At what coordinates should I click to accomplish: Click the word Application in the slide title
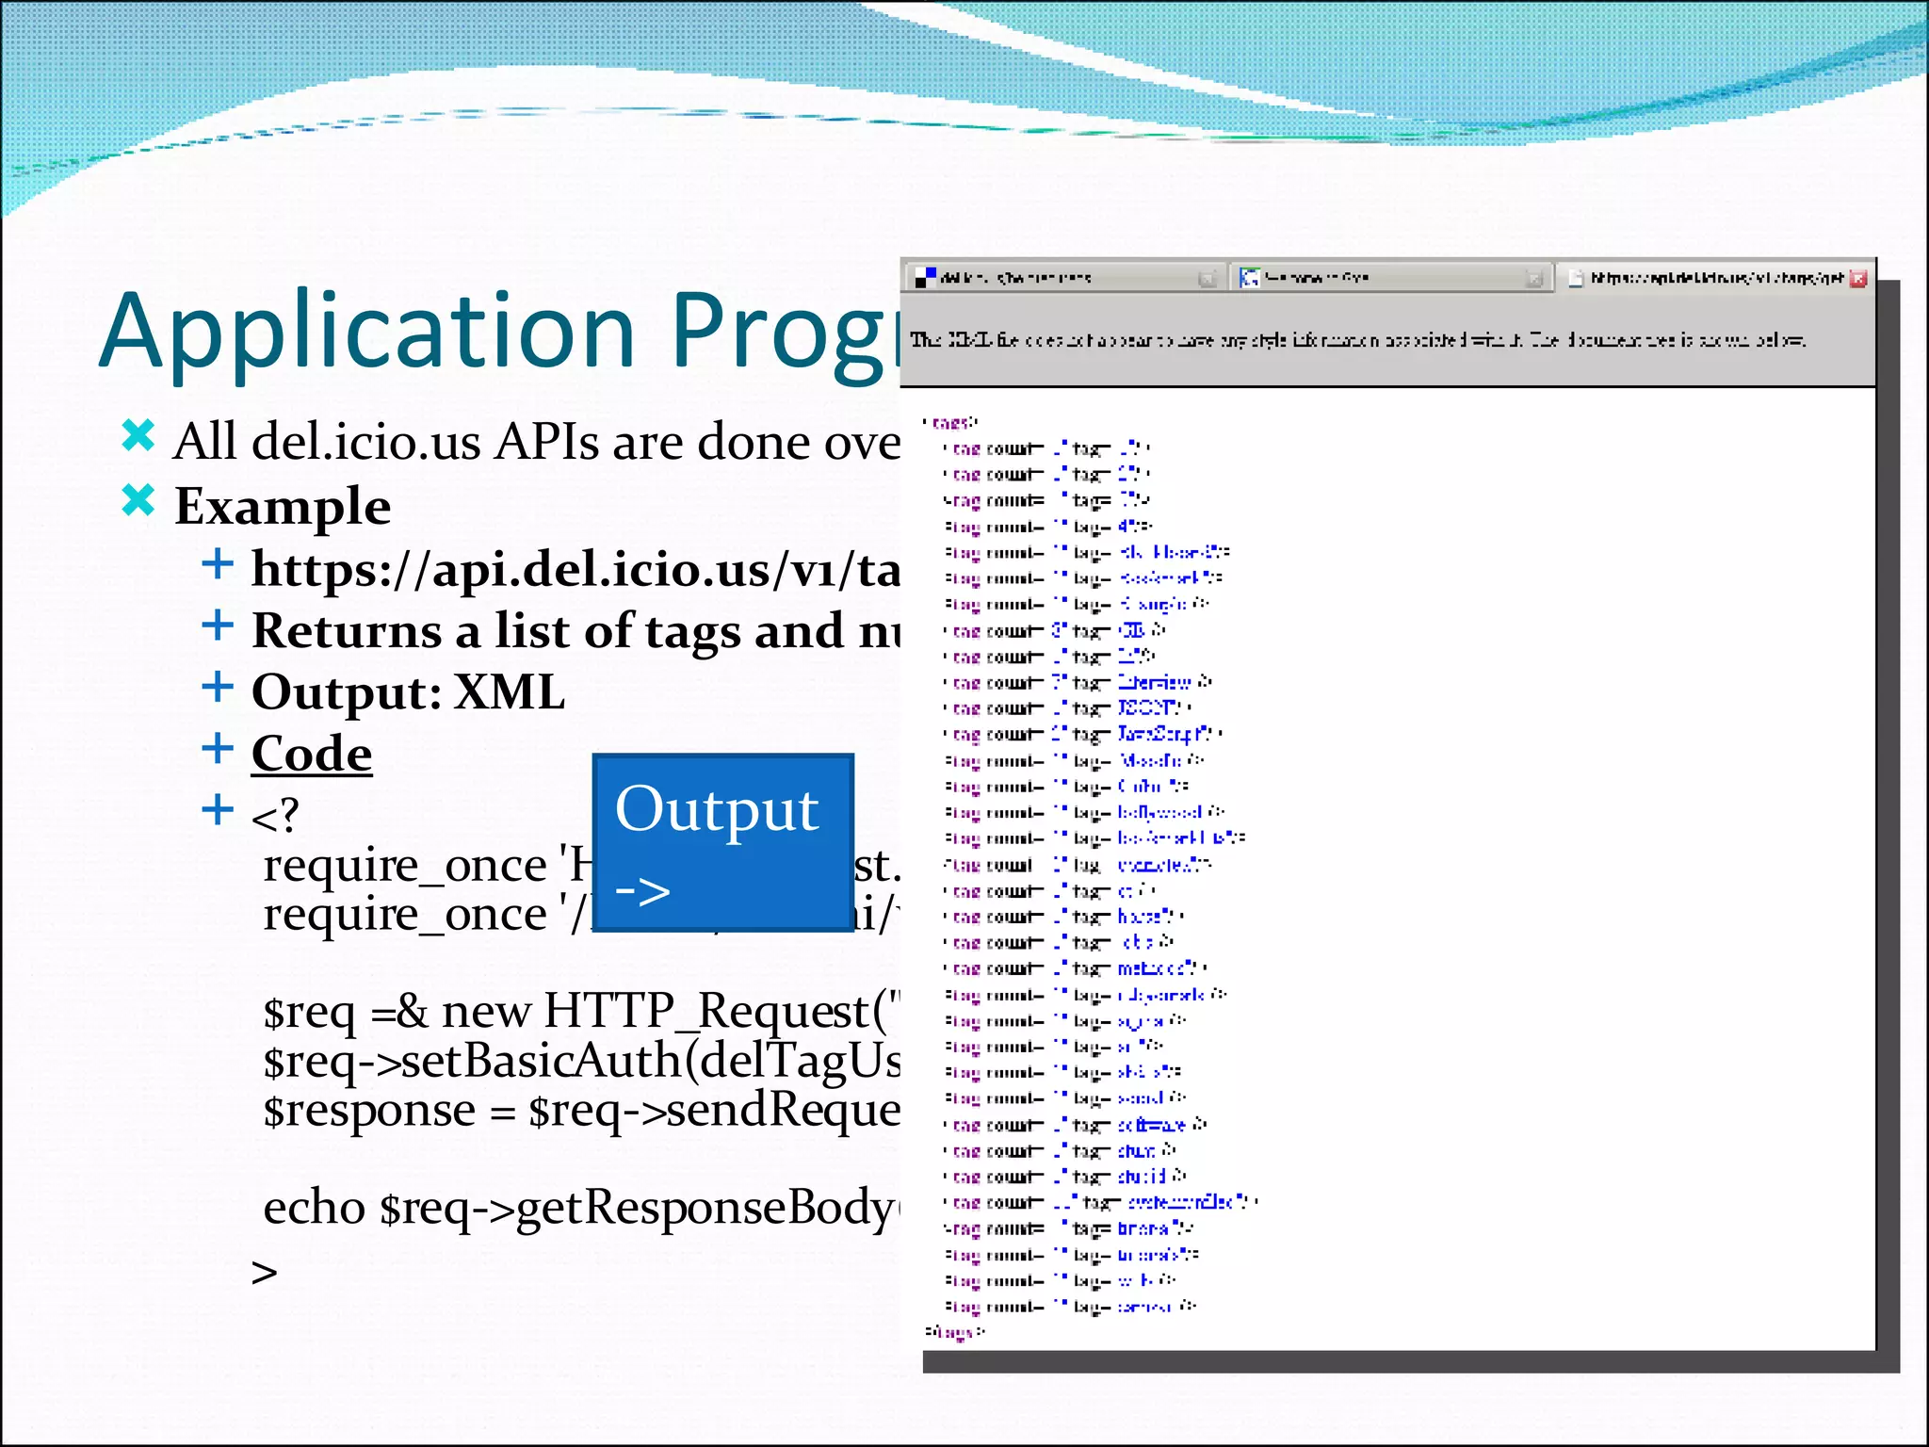click(x=367, y=332)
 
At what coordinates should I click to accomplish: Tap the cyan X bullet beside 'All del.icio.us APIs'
click(x=138, y=436)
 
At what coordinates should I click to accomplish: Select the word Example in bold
click(x=283, y=507)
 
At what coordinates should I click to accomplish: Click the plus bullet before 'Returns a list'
click(x=218, y=626)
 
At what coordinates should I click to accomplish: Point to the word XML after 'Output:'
click(x=510, y=692)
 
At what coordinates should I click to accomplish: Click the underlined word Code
click(x=312, y=754)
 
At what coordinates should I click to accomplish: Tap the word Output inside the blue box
click(x=717, y=810)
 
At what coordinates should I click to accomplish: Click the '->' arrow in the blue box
click(x=642, y=890)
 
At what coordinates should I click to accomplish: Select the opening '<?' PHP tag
click(x=275, y=816)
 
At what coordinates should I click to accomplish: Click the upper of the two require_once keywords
click(x=405, y=865)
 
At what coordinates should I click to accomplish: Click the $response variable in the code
click(x=368, y=1110)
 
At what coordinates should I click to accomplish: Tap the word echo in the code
click(x=314, y=1208)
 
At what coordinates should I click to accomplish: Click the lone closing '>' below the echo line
click(x=265, y=1273)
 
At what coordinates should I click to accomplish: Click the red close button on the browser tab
click(x=1857, y=279)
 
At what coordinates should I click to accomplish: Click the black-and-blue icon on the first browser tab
click(x=926, y=277)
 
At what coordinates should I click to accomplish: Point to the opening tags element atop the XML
click(x=950, y=423)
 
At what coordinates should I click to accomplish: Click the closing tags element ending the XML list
click(x=954, y=1332)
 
